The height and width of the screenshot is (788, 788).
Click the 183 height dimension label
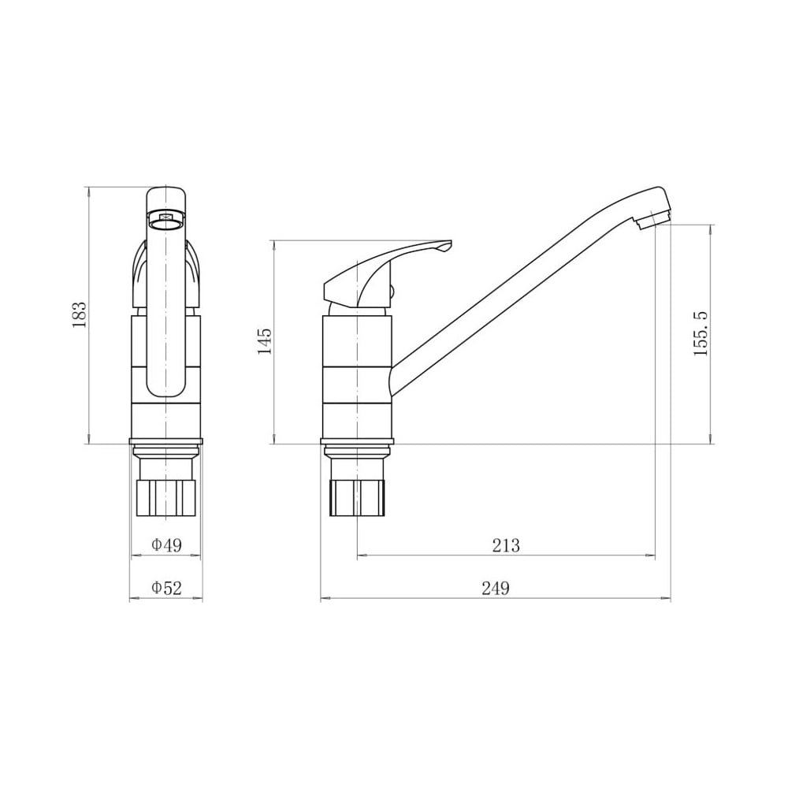pos(80,315)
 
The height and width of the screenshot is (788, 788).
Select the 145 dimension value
pos(264,340)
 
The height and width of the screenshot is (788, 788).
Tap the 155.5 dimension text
pos(701,333)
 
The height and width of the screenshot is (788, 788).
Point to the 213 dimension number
pos(506,545)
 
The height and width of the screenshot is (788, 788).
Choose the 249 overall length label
pos(496,588)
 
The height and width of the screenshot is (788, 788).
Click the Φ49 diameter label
pos(166,545)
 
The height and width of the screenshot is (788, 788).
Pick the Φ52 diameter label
pos(166,588)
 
